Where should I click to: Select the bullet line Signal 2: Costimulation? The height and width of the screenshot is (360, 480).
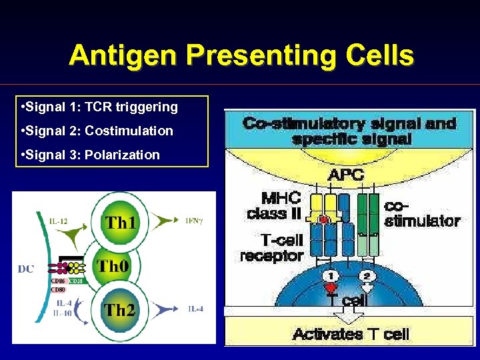coord(97,131)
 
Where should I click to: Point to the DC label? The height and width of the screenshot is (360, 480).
coord(26,269)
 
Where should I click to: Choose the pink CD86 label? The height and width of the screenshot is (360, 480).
coord(58,281)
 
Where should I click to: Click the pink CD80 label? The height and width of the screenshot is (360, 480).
coord(58,289)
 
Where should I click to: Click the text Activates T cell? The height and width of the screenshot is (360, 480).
coord(350,333)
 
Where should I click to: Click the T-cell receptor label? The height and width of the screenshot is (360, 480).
coord(271,248)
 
